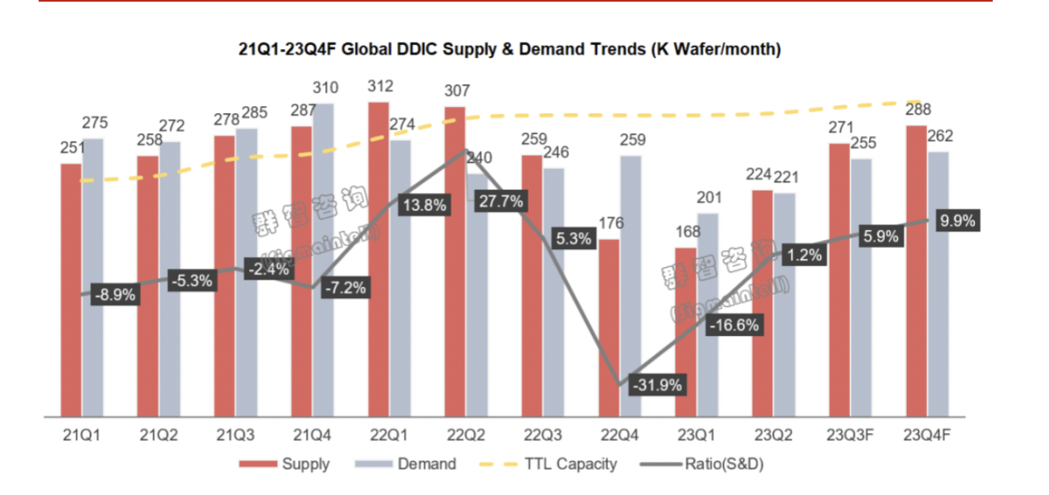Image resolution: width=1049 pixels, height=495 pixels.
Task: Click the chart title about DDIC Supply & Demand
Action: click(509, 50)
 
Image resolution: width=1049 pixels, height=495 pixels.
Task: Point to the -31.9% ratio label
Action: click(656, 385)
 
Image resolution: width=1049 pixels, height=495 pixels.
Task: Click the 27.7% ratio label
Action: click(500, 202)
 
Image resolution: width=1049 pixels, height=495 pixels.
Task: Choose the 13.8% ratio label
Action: click(424, 205)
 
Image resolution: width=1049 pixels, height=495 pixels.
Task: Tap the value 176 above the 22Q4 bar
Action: click(610, 223)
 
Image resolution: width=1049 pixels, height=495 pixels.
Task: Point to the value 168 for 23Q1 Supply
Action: click(685, 232)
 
